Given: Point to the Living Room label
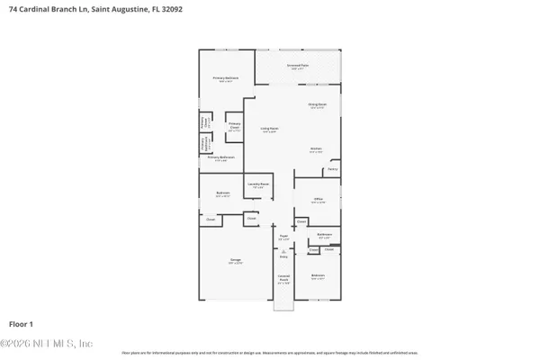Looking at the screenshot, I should click(x=269, y=129).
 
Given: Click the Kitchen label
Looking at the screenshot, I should click(x=316, y=149).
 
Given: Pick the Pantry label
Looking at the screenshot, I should click(x=332, y=168).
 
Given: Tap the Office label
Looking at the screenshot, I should click(x=318, y=200).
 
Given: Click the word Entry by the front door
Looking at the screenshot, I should click(x=283, y=256).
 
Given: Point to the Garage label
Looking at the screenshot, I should click(x=235, y=260).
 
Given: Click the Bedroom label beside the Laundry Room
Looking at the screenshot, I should click(x=222, y=193).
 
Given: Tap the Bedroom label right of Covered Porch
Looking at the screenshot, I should click(x=318, y=275).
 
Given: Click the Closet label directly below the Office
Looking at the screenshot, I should click(x=301, y=221).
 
